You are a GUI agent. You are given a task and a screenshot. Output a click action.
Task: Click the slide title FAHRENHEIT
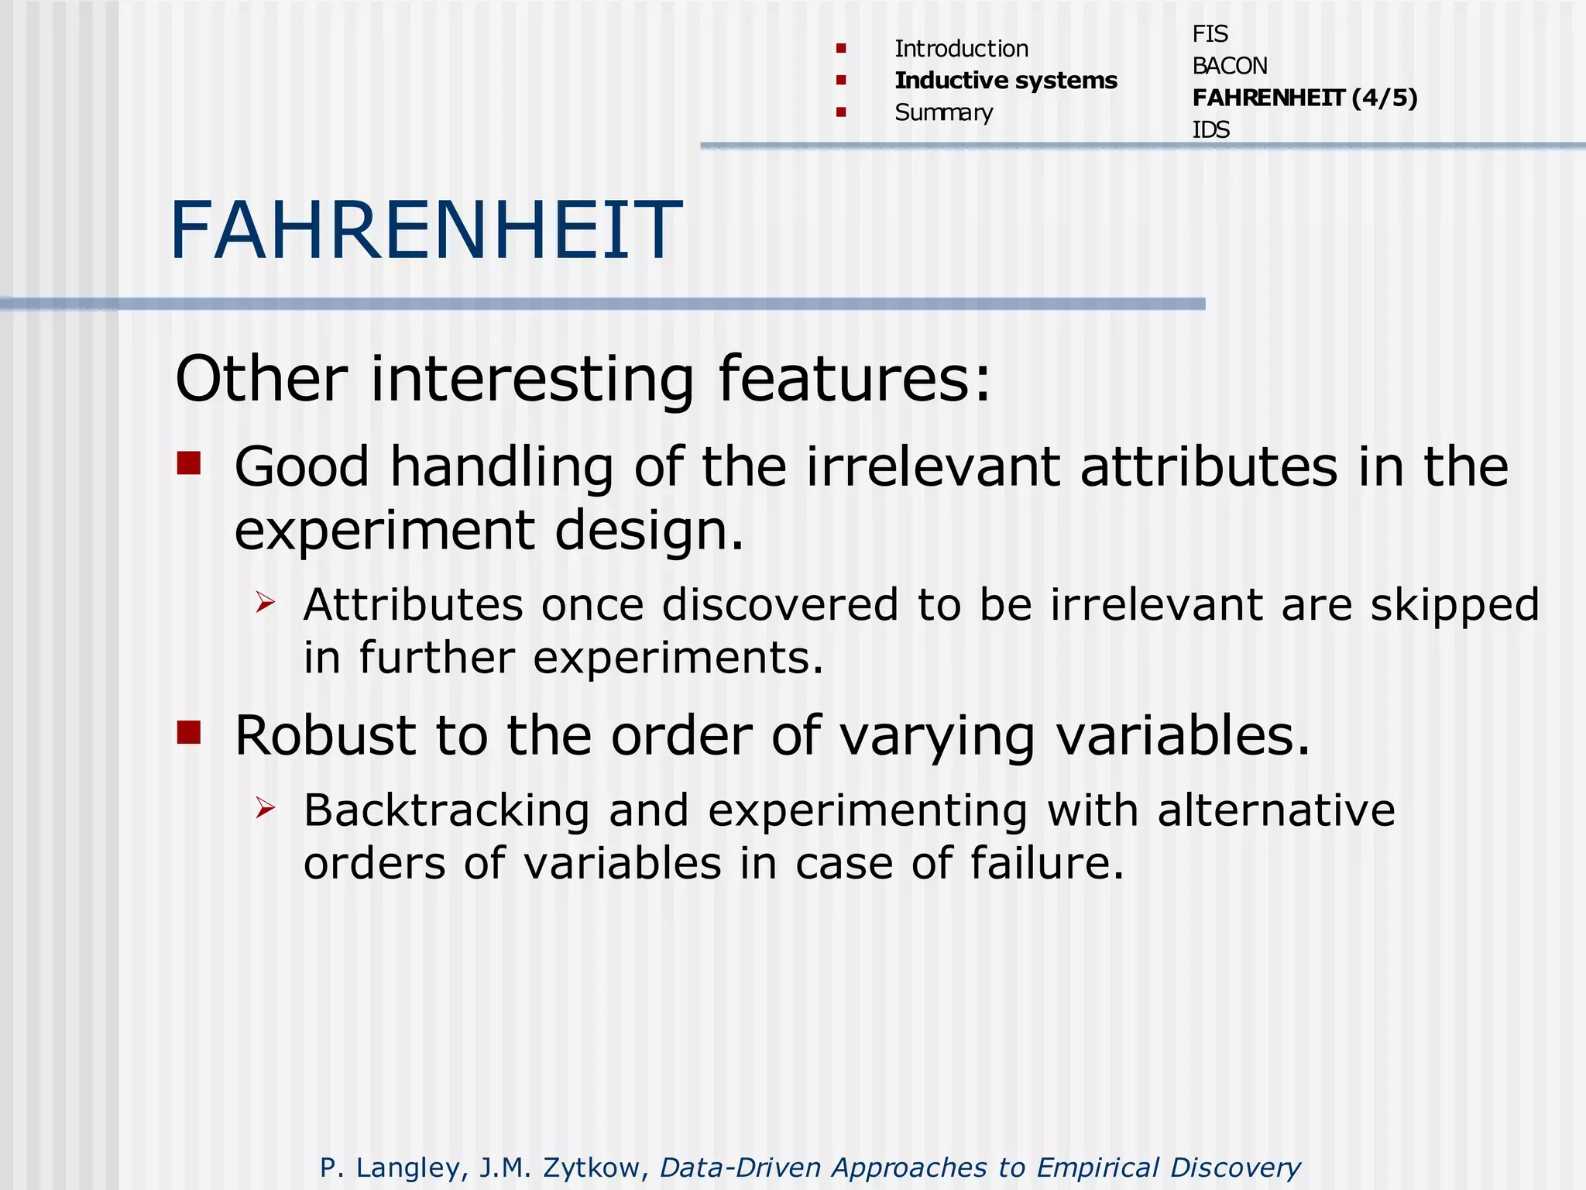tap(426, 230)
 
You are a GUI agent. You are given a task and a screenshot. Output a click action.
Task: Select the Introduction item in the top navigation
tap(961, 49)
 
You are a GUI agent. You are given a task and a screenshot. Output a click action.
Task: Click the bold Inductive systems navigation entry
tap(1005, 81)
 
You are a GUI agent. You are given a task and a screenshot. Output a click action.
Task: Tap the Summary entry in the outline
tap(943, 113)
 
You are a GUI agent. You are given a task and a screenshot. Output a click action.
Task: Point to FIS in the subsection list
tap(1210, 34)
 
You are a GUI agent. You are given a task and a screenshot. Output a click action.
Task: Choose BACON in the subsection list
tap(1229, 66)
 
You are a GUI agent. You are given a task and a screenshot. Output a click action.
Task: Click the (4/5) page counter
tap(1385, 98)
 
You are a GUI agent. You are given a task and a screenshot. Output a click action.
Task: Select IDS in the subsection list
tap(1210, 129)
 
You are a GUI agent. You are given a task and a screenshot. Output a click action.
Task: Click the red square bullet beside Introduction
tap(841, 49)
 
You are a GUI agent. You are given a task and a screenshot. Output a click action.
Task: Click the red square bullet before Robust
tap(189, 731)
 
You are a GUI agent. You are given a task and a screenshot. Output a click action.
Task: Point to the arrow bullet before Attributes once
tap(265, 601)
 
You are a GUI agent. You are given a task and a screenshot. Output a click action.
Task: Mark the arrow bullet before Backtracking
tap(265, 807)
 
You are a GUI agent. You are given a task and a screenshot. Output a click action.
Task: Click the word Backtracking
tap(446, 811)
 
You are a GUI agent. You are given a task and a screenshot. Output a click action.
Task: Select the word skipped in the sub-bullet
tap(1454, 606)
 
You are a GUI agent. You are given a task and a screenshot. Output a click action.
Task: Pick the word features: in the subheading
tap(854, 379)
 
